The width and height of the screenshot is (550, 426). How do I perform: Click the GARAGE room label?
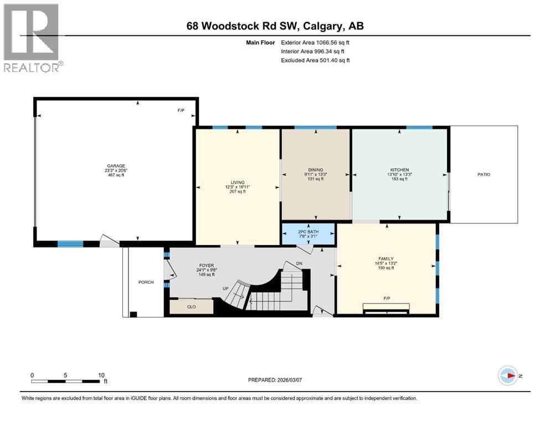(116, 166)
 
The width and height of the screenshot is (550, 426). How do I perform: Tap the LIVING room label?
(238, 182)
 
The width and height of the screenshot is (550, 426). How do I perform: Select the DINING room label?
(316, 170)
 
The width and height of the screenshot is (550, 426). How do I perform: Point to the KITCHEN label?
(399, 170)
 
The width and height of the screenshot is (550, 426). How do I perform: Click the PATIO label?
(484, 174)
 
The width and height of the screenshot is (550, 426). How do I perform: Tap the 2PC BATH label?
(309, 230)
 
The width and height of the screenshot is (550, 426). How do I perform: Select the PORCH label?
(145, 282)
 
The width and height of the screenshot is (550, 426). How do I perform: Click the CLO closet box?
(192, 306)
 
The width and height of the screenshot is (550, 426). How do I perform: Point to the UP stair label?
(225, 288)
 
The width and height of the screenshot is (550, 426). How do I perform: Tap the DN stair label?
(300, 263)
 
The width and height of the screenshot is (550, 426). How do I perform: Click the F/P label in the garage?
(181, 110)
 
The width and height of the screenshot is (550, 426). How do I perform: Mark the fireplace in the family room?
(387, 307)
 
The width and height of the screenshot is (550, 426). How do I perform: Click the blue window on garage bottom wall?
(70, 244)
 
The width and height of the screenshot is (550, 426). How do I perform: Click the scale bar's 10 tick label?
(101, 375)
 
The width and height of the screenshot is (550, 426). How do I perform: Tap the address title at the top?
(275, 26)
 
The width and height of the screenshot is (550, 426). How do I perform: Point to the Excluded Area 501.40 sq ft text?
(315, 60)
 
